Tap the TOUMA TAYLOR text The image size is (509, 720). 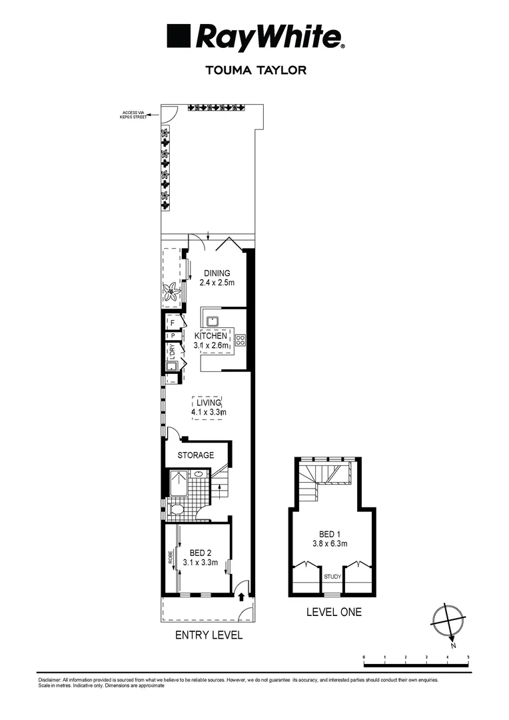point(256,70)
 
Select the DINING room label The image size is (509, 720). point(217,273)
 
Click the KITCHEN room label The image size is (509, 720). point(211,335)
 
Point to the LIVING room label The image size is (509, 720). point(209,403)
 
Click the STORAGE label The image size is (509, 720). point(196,455)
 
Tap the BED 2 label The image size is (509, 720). point(201,553)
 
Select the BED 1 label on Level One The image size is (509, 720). point(330,534)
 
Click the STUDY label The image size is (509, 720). point(332,576)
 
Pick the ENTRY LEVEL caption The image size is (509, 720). point(209,635)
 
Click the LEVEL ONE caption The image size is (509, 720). point(334,612)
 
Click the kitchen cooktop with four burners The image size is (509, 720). point(241,340)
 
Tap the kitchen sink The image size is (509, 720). point(213,321)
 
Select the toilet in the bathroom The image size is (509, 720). point(176,509)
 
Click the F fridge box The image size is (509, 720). point(173,323)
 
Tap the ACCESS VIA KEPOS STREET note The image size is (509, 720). point(133,115)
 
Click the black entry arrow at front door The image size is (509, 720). point(241,597)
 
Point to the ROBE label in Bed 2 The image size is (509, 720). point(171,557)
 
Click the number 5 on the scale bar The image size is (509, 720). point(468,657)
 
